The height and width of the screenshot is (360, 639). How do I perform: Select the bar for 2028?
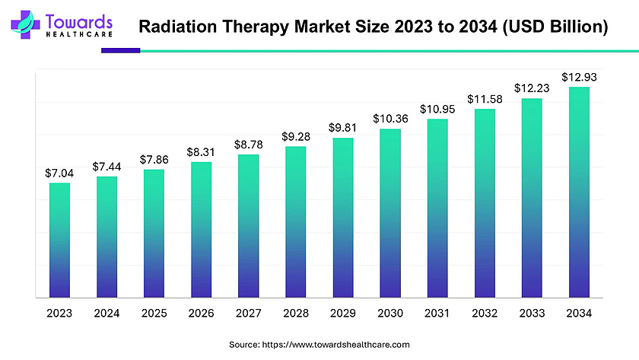296,221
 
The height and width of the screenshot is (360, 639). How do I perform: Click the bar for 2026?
202,229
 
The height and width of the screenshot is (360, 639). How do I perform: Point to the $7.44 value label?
106,166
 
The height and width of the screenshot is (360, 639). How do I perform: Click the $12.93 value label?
579,77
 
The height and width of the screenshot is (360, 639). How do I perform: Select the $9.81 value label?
343,127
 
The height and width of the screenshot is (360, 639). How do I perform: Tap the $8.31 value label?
201,152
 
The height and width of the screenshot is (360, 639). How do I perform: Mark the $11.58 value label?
485,99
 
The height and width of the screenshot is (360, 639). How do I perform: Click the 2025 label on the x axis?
154,313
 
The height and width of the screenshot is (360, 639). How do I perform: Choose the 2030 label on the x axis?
390,313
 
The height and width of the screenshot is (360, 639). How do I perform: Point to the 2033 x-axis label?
532,313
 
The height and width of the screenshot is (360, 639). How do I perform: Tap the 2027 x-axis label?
248,313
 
